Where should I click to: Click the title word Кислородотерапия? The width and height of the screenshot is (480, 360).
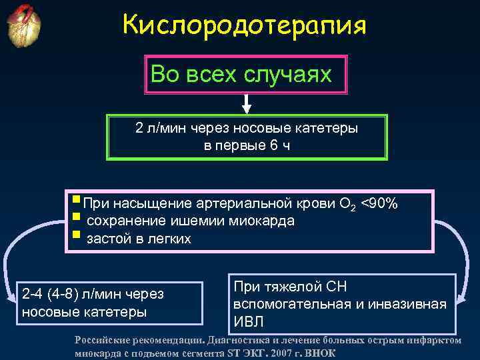tap(245, 26)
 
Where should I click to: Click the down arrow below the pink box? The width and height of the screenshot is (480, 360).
tap(246, 103)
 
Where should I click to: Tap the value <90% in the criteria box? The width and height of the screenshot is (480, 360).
tap(379, 203)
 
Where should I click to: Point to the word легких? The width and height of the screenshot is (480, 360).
tap(169, 239)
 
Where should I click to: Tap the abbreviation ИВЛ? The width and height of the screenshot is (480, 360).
tap(249, 322)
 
